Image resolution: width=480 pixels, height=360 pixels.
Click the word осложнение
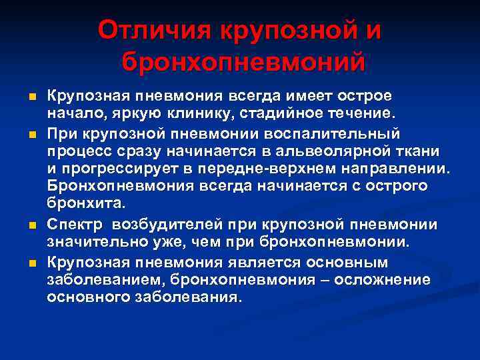tap(382, 279)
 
